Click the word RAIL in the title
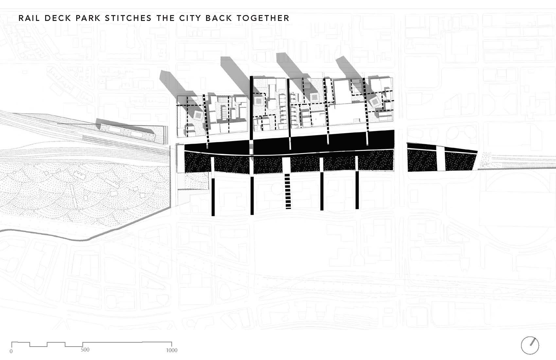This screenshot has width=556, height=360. (29, 18)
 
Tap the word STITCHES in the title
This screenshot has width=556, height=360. (128, 18)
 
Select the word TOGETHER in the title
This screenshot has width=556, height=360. (263, 18)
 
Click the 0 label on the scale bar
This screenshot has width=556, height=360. (11, 351)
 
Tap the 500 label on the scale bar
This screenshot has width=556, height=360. (85, 350)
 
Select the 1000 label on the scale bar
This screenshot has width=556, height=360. (171, 350)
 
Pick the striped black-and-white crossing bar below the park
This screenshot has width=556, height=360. (288, 191)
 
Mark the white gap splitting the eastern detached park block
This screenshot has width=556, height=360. (440, 158)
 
